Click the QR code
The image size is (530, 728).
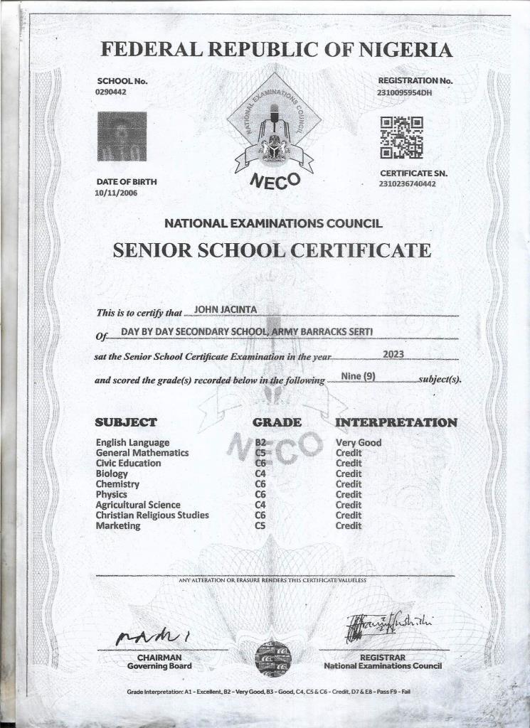401,136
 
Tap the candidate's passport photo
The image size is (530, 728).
122,136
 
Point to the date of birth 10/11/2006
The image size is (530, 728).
116,193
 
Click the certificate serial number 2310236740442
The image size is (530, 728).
408,184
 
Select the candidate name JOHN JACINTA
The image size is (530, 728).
220,308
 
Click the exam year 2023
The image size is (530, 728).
393,353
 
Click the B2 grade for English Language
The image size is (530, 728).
260,442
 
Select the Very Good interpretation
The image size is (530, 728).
358,442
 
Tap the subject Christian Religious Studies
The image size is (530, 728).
152,515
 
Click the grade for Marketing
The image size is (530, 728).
260,525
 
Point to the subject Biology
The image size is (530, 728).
112,473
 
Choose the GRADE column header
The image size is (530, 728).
277,422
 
